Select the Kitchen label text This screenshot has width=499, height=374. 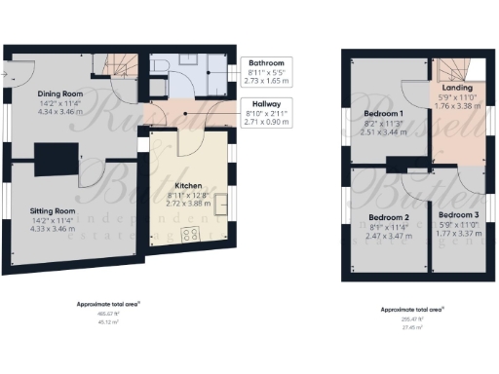point(188,184)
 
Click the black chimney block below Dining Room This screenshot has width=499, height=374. point(52,157)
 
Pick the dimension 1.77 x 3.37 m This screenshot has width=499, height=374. point(457,233)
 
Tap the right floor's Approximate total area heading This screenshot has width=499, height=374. point(413,309)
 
